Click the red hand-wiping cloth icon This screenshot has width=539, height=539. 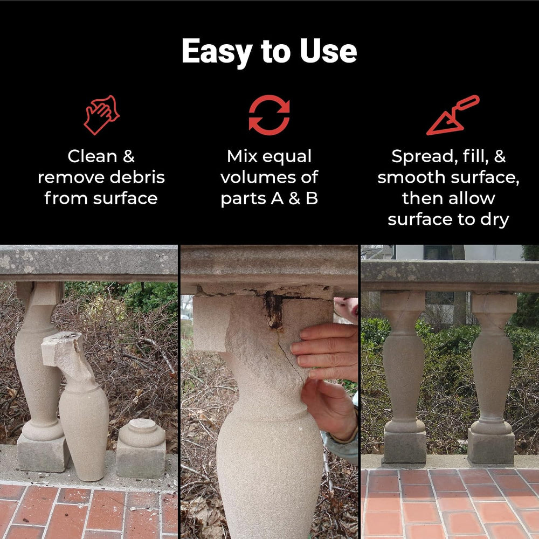[101, 115]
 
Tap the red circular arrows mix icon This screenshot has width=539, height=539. [269, 115]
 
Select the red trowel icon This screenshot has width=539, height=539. [453, 115]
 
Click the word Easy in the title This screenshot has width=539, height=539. [217, 52]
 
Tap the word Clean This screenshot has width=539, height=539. [93, 156]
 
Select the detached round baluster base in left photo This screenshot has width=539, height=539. [141, 448]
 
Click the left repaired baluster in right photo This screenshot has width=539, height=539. [404, 376]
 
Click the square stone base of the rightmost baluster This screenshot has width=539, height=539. [491, 446]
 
